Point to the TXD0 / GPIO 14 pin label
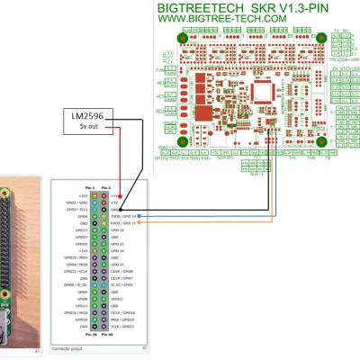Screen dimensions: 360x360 click(124, 216)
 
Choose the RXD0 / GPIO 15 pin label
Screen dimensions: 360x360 click(124, 223)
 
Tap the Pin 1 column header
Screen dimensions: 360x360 click(91, 186)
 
